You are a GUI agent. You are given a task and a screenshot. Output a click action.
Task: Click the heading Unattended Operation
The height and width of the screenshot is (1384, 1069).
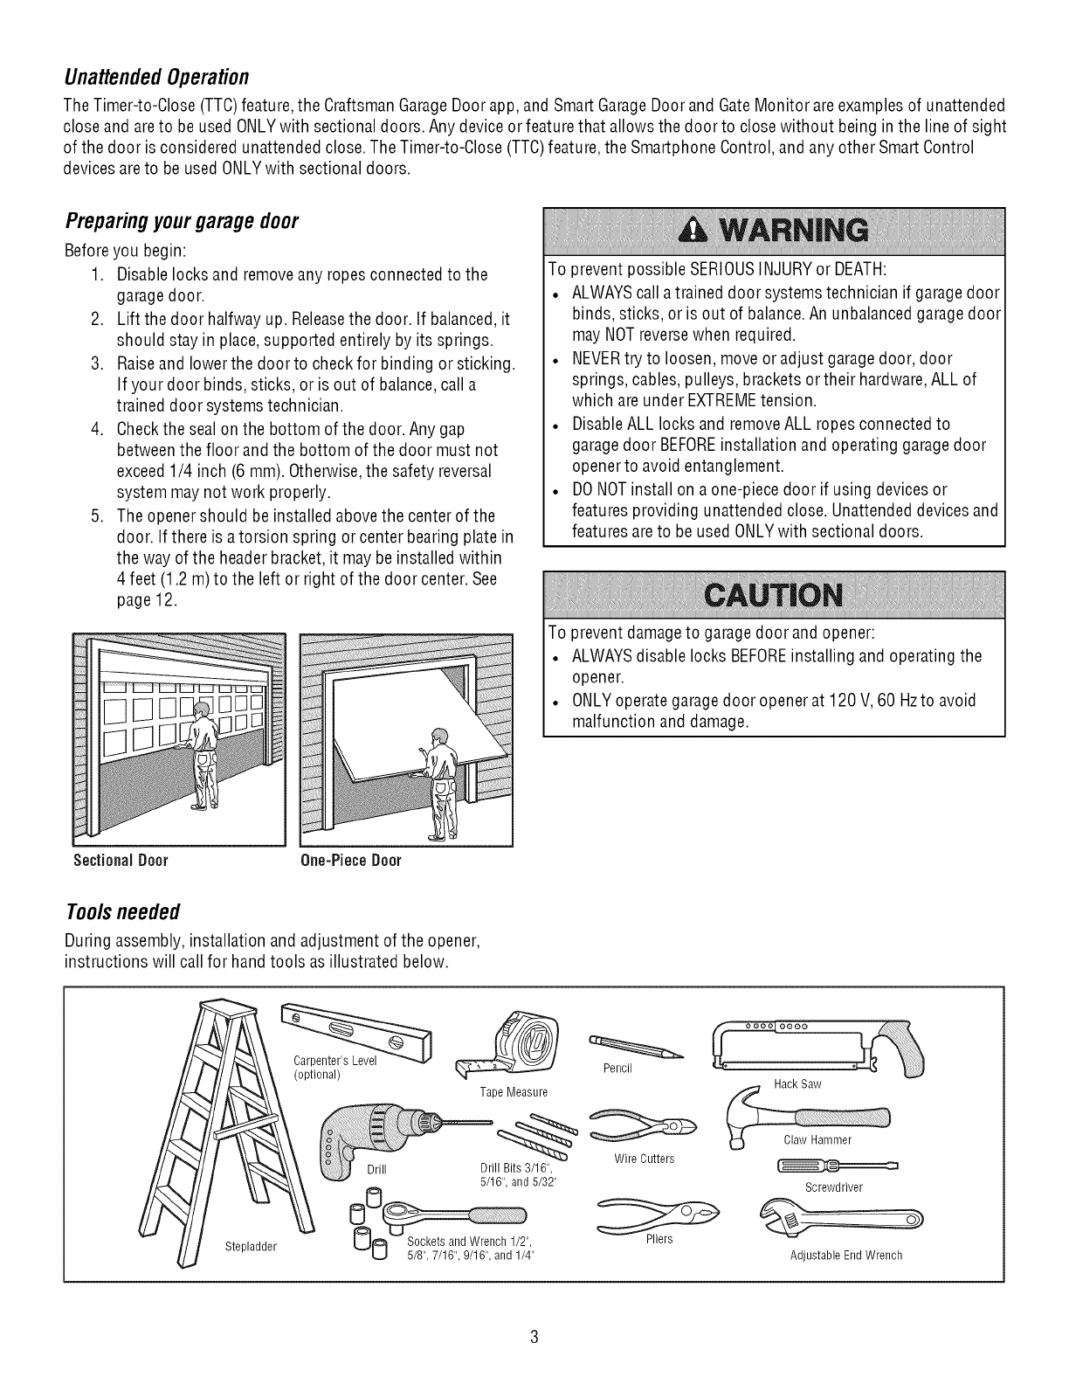[157, 73]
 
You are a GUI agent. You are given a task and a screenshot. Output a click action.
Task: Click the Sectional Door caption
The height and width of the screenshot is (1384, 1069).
[121, 861]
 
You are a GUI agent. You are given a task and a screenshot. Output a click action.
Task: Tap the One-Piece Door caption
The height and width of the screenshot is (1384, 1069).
[350, 861]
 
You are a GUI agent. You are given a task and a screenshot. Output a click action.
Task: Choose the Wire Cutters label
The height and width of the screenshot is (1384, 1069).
[645, 1159]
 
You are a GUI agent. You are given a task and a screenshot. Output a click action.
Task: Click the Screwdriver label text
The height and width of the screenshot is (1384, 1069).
[833, 1187]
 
